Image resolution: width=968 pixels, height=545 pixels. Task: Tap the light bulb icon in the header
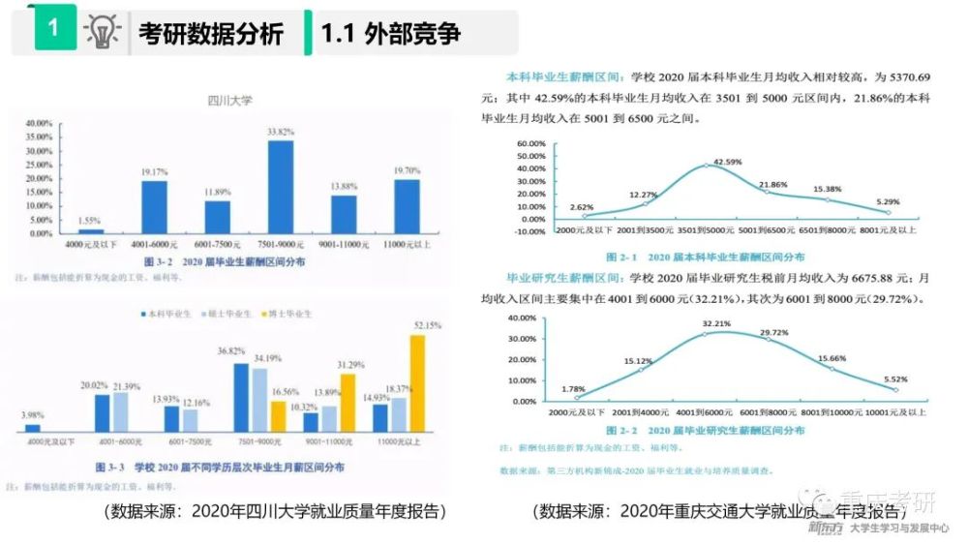pos(102,31)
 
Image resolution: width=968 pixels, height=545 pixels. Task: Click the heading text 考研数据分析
pos(210,33)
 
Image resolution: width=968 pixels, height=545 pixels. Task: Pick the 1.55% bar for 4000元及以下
pos(91,231)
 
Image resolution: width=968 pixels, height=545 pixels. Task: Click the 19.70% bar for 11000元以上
pos(407,206)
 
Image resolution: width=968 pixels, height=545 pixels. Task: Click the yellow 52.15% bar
pos(417,382)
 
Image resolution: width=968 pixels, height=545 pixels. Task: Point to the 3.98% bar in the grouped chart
pos(33,427)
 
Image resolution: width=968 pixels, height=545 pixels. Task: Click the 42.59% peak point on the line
pos(706,166)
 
